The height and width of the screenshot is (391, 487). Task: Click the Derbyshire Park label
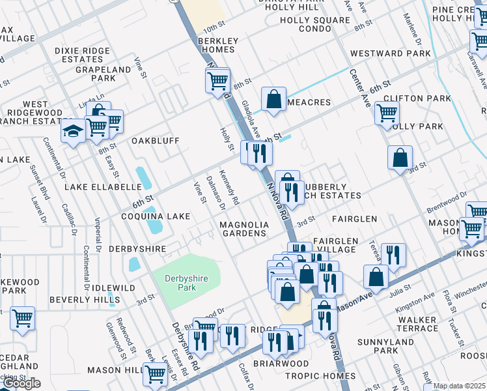pyautogui.click(x=186, y=283)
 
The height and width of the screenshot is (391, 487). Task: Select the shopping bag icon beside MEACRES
pyautogui.click(x=274, y=100)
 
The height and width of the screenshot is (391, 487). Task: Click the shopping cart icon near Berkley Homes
pyautogui.click(x=217, y=81)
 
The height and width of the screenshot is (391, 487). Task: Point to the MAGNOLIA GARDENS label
pyautogui.click(x=244, y=229)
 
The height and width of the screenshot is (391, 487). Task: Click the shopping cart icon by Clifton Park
pyautogui.click(x=387, y=113)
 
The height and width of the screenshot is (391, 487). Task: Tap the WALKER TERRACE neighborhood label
pyautogui.click(x=417, y=325)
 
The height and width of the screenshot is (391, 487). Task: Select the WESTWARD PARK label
pyautogui.click(x=390, y=53)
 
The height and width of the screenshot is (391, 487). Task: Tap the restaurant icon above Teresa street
pyautogui.click(x=393, y=255)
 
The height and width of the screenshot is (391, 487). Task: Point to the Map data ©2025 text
pyautogui.click(x=459, y=386)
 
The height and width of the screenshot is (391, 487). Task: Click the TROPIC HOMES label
pyautogui.click(x=320, y=376)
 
